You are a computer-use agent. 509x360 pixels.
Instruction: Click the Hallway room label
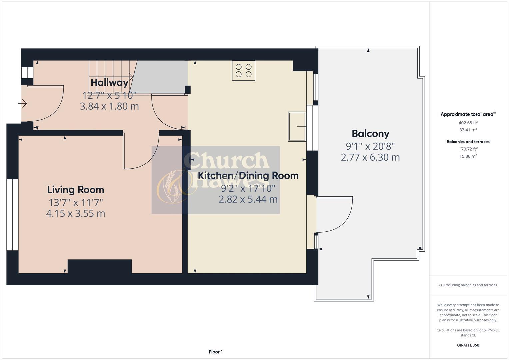[109, 82]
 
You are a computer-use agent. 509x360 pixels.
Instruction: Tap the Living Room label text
[76, 190]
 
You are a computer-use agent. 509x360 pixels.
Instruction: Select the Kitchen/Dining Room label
[248, 175]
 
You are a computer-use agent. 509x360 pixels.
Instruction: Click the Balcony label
[370, 134]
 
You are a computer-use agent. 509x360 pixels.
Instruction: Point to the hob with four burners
[243, 71]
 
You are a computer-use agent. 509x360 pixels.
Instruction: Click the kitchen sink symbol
[297, 127]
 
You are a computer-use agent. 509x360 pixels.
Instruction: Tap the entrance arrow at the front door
[22, 104]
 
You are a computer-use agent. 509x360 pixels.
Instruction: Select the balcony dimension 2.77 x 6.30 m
[370, 157]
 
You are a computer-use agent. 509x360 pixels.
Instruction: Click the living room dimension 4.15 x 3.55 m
[76, 213]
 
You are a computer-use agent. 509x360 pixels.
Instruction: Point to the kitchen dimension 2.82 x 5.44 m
[248, 199]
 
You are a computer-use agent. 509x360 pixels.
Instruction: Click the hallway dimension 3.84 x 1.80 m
[109, 106]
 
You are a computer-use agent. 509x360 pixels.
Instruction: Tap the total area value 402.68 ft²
[468, 123]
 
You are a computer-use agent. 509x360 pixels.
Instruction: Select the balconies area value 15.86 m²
[468, 156]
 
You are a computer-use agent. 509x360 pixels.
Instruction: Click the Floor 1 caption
[216, 352]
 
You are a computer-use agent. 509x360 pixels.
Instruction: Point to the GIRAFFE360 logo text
[468, 345]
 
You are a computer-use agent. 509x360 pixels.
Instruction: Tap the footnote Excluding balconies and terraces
[468, 285]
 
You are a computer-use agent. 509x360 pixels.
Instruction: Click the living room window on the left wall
[12, 215]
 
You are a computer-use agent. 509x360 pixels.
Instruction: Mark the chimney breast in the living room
[100, 266]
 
